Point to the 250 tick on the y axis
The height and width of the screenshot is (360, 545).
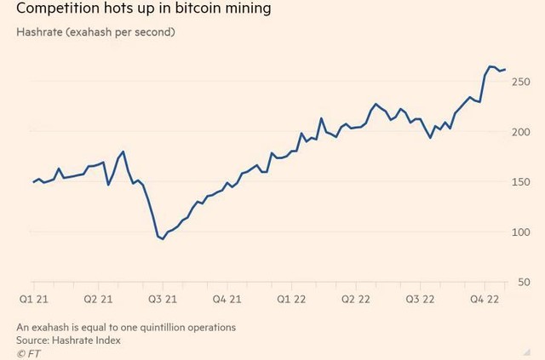coord(521,82)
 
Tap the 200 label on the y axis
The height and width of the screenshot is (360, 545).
coord(521,132)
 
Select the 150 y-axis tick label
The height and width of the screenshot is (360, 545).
coord(521,182)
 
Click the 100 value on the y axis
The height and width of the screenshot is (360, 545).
coord(521,232)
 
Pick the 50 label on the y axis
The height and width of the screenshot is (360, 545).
coord(525,283)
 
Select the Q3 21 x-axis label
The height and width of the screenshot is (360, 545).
coord(162,300)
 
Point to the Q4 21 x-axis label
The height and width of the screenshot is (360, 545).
coord(227,300)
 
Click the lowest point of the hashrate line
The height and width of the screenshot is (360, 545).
coord(162,239)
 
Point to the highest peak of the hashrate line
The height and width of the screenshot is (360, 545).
coord(490,66)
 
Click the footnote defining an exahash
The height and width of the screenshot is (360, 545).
coord(126,327)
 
